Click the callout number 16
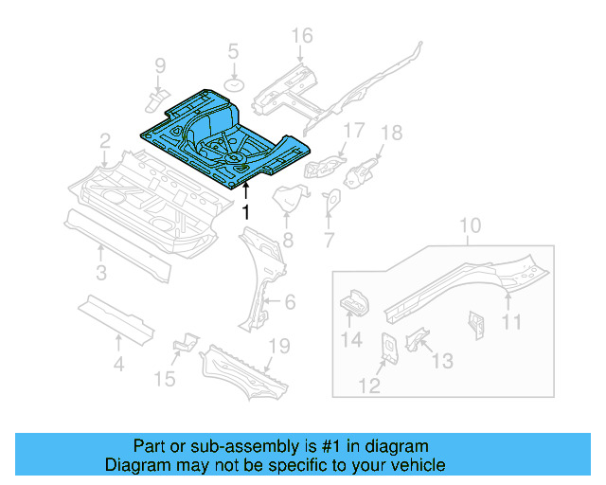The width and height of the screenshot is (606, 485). tap(301, 36)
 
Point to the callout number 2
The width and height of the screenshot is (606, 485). tap(105, 141)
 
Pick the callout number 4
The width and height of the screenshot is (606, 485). tap(118, 362)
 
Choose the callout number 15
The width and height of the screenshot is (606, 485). tap(166, 380)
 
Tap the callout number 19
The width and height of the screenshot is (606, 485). tap(278, 348)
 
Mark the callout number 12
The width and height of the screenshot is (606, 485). tap(369, 385)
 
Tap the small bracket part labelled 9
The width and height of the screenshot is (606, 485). tap(158, 97)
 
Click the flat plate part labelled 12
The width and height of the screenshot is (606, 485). tap(388, 347)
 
